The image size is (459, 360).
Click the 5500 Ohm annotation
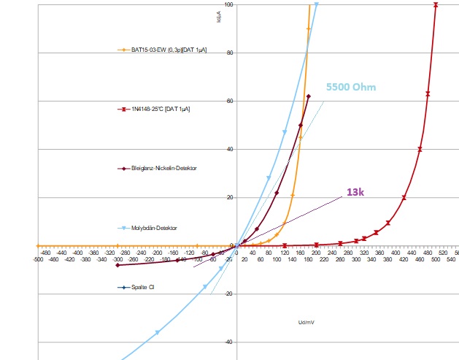tap(351, 88)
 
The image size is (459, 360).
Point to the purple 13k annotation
tap(356, 192)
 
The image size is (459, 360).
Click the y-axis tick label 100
tap(228, 5)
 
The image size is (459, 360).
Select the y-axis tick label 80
tap(230, 53)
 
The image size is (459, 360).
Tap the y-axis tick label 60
tap(230, 101)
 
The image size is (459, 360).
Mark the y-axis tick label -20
tap(228, 294)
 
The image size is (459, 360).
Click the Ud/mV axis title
tap(306, 321)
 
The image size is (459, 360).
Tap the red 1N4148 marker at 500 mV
tap(436, 5)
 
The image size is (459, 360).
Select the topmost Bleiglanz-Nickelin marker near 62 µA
tap(309, 96)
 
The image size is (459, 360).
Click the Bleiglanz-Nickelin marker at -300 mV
tap(117, 265)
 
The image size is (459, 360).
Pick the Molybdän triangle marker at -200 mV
tap(157, 332)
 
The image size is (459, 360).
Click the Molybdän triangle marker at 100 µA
tap(316, 4)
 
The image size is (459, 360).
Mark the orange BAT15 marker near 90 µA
tap(309, 29)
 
